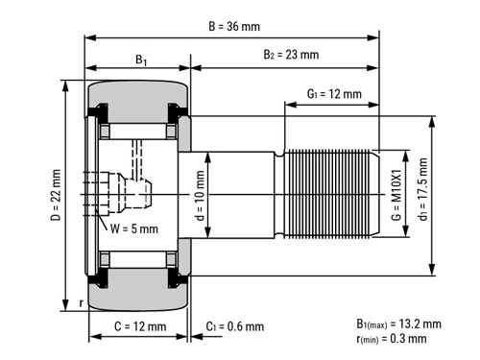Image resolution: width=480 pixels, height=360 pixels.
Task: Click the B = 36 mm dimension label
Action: tap(234, 26)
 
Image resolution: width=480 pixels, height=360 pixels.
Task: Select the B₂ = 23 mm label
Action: tap(291, 55)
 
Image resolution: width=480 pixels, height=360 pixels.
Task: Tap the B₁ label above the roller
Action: tap(141, 60)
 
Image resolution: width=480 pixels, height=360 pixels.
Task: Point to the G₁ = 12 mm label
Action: tap(334, 94)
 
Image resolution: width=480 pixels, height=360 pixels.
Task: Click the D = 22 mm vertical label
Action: tap(56, 195)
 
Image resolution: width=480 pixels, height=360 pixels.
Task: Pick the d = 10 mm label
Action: tap(200, 196)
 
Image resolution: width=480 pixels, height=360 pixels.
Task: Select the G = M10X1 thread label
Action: tap(396, 195)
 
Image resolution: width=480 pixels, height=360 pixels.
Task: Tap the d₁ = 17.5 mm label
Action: tap(423, 189)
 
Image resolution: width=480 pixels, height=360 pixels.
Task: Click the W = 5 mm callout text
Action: tap(134, 228)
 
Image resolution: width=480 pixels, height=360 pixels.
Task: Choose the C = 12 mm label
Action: tap(140, 326)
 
